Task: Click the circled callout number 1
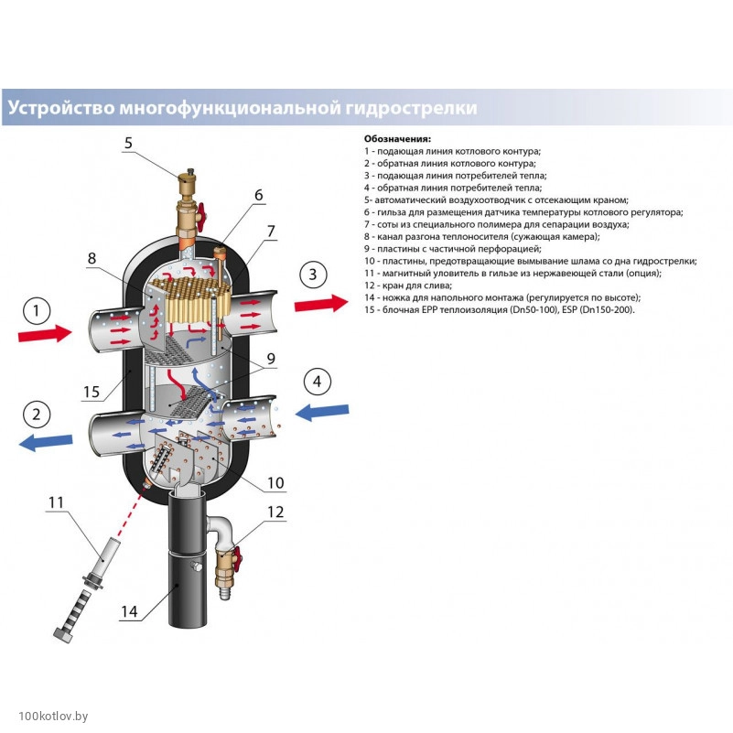(37, 312)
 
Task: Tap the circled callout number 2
(37, 415)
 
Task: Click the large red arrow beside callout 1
(44, 334)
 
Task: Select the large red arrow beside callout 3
(321, 302)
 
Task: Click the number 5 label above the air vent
(129, 143)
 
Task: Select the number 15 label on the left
(91, 392)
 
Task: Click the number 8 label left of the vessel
(92, 259)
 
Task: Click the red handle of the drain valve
(237, 555)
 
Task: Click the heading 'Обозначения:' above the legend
(399, 139)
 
